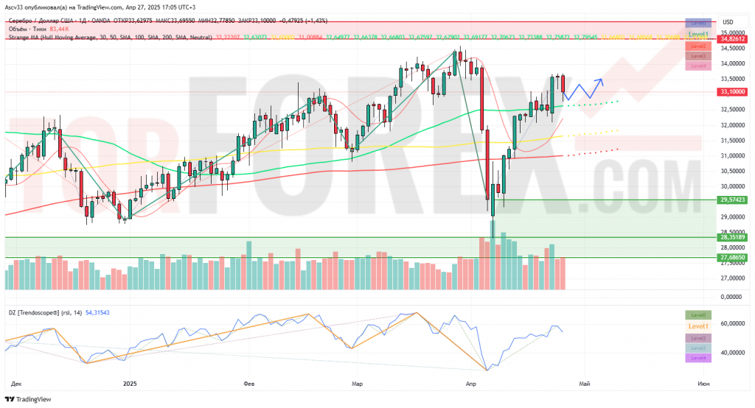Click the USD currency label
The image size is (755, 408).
point(728,22)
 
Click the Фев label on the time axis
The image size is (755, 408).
point(248,384)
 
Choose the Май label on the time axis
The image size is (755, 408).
point(585,384)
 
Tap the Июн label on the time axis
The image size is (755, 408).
point(703,384)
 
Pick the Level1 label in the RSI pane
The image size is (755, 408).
point(698,326)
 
